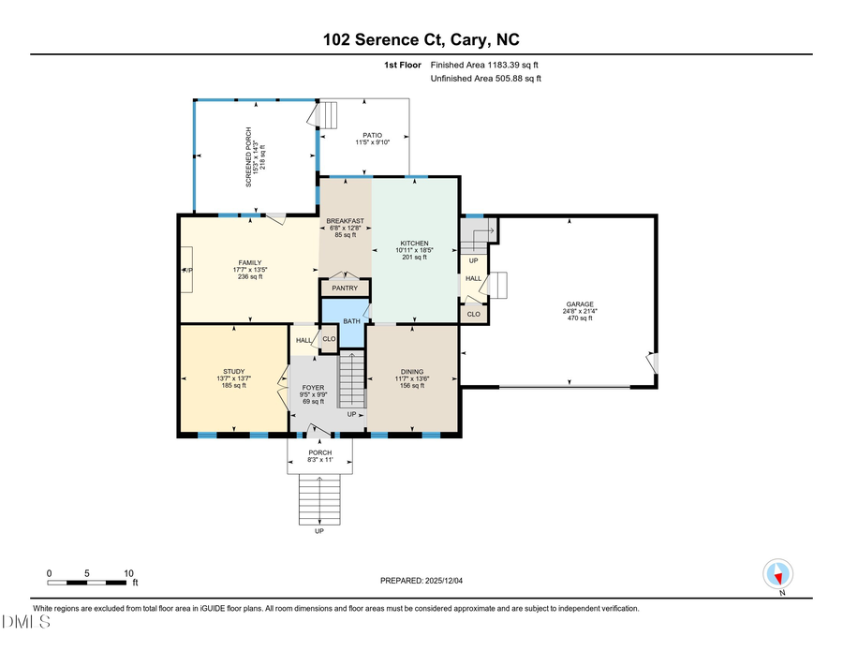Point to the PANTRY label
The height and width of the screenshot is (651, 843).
tap(345, 288)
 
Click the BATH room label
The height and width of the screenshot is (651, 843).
tap(350, 321)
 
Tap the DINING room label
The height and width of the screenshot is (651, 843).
tap(412, 371)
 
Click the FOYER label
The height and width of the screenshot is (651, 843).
tap(313, 387)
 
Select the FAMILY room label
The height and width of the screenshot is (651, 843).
tap(249, 262)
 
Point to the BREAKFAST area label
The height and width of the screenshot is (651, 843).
tap(345, 221)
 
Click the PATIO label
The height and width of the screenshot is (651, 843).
tap(372, 135)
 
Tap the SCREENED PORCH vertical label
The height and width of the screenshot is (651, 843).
tap(250, 156)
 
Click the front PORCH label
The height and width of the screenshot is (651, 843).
tap(319, 452)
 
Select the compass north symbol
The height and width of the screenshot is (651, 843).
tap(778, 574)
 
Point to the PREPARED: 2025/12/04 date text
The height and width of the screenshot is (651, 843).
tap(421, 581)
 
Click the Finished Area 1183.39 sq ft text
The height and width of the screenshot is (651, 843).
tap(484, 65)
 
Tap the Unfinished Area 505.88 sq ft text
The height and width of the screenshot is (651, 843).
tap(485, 79)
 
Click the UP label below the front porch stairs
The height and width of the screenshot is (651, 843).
tap(319, 531)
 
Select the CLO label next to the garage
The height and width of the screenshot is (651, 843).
tap(473, 314)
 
